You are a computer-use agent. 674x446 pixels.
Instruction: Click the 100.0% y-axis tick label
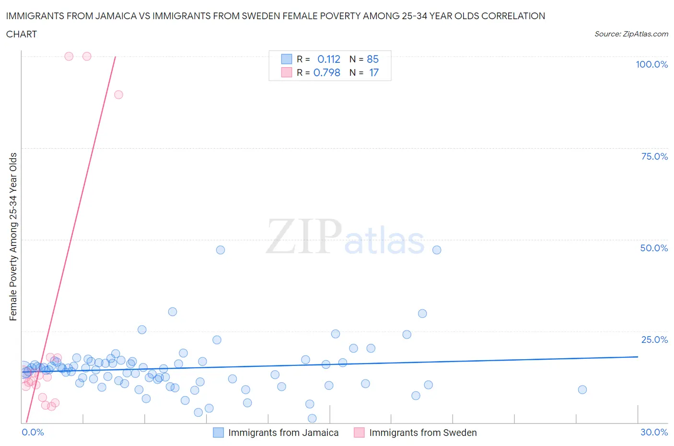point(651,64)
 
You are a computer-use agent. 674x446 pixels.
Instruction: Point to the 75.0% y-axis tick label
point(654,156)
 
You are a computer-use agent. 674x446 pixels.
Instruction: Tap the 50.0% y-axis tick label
point(654,248)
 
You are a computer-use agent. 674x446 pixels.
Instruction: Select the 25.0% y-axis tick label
point(654,340)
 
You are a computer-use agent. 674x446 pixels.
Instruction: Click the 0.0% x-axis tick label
point(33,432)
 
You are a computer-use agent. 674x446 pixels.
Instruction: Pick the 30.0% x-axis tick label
point(654,432)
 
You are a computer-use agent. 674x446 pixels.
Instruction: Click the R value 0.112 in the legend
point(329,59)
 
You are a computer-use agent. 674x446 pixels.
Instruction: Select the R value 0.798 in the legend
point(327,72)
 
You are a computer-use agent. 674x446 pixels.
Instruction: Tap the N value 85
point(372,59)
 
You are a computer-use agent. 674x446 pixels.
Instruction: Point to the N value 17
point(373,72)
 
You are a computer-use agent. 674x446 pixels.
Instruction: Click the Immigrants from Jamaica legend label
point(283,433)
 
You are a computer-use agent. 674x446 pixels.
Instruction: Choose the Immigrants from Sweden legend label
point(423,433)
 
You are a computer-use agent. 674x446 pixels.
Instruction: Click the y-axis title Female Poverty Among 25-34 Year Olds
point(13,236)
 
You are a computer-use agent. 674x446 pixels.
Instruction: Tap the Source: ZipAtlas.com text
point(631,34)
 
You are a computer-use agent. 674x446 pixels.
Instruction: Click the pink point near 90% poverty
point(118,94)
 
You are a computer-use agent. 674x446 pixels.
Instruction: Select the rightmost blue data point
point(582,389)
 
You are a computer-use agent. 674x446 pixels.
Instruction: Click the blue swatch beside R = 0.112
point(286,59)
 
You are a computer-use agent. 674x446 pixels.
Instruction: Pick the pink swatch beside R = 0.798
point(286,72)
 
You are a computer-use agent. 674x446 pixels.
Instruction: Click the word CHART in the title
point(22,34)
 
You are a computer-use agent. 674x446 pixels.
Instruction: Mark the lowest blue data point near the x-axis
point(312,418)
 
